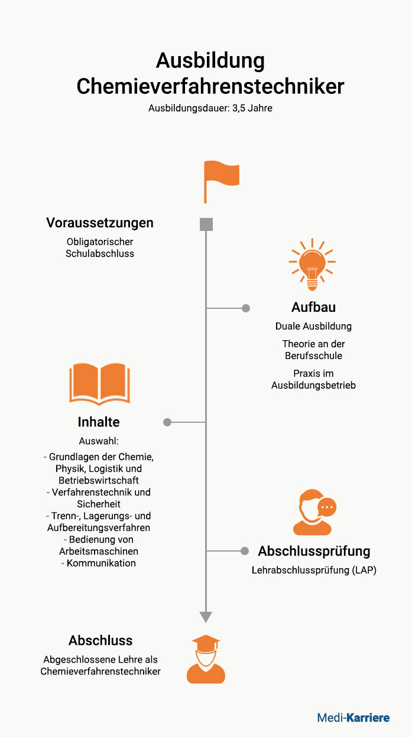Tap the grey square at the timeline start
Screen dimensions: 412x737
pos(206,224)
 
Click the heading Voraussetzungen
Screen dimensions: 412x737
pos(100,223)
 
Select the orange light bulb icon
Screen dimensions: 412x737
pos(312,265)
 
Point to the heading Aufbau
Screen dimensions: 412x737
pos(313,307)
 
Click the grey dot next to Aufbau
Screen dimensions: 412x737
pos(246,308)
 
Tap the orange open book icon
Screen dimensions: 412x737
pos(100,384)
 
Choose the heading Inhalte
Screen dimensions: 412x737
pos(99,422)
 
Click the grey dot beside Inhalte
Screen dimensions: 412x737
pos(167,422)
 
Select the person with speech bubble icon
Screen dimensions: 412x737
pos(314,512)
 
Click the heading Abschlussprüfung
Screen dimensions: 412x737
pos(314,552)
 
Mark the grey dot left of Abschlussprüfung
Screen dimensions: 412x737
pos(244,551)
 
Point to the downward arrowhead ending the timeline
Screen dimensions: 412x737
pos(206,617)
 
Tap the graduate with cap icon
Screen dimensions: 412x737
pos(206,660)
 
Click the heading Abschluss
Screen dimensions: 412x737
pos(100,641)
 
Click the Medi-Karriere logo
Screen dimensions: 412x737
pos(353,718)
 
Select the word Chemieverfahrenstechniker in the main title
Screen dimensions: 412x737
pos(210,86)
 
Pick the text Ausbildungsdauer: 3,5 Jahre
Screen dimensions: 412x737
pos(210,108)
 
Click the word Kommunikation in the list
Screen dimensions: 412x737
pos(102,563)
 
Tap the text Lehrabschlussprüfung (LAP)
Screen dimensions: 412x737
pos(314,570)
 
